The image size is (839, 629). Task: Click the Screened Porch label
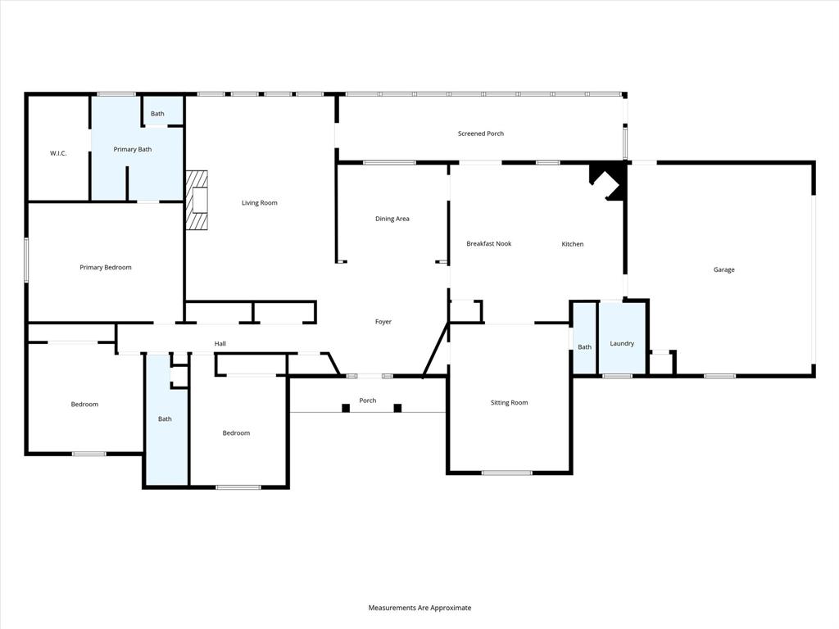pyautogui.click(x=480, y=133)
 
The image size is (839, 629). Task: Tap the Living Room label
pyautogui.click(x=259, y=203)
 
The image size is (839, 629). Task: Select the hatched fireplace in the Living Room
pyautogui.click(x=197, y=201)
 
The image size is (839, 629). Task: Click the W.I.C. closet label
pyautogui.click(x=58, y=153)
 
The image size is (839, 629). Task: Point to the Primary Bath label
pyautogui.click(x=132, y=149)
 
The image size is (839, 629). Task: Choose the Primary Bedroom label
pyautogui.click(x=105, y=268)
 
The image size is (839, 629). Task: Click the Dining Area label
pyautogui.click(x=392, y=219)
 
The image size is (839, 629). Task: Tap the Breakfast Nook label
pyautogui.click(x=488, y=244)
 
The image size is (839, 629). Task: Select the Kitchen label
pyautogui.click(x=572, y=244)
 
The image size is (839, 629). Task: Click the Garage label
pyautogui.click(x=723, y=269)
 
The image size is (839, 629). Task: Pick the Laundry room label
pyautogui.click(x=622, y=343)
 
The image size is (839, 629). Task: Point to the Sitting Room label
pyautogui.click(x=509, y=403)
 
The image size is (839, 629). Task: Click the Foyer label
pyautogui.click(x=383, y=322)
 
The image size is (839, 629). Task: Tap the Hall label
pyautogui.click(x=220, y=344)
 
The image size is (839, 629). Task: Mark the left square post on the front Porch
pyautogui.click(x=346, y=408)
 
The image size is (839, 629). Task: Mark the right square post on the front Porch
pyautogui.click(x=397, y=408)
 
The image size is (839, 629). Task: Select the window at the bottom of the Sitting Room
pyautogui.click(x=506, y=473)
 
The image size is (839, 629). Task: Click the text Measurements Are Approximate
pyautogui.click(x=419, y=608)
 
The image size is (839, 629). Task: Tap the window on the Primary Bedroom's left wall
pyautogui.click(x=26, y=260)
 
